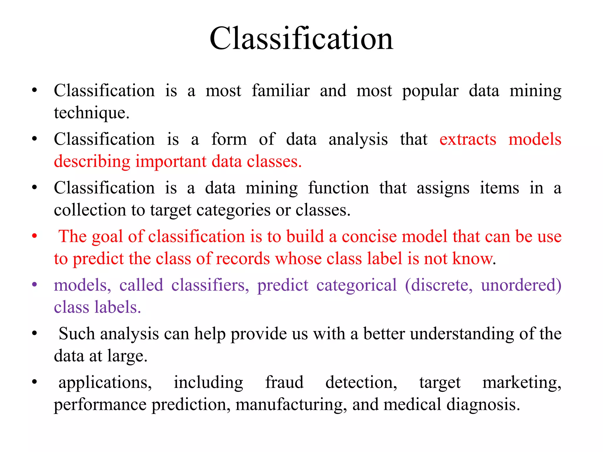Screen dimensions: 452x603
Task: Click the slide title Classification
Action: coord(301,39)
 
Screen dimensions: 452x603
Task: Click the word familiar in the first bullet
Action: coord(280,91)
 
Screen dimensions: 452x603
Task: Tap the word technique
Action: coord(91,113)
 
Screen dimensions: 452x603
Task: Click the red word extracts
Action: coord(468,139)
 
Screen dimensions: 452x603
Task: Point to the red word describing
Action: coord(92,162)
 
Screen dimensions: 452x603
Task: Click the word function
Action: coord(338,188)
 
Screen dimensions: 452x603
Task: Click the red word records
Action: coord(243,259)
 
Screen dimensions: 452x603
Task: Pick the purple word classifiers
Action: coord(210,285)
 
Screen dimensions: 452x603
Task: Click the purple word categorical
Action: coord(356,285)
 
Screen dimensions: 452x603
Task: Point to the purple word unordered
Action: coord(521,285)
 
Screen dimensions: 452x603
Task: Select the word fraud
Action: coord(284,383)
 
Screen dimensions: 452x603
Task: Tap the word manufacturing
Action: coord(291,405)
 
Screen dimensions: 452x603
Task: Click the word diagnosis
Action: coord(483,405)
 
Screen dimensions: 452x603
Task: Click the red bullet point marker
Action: coord(34,236)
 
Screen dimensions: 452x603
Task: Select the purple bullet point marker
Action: coord(34,285)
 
